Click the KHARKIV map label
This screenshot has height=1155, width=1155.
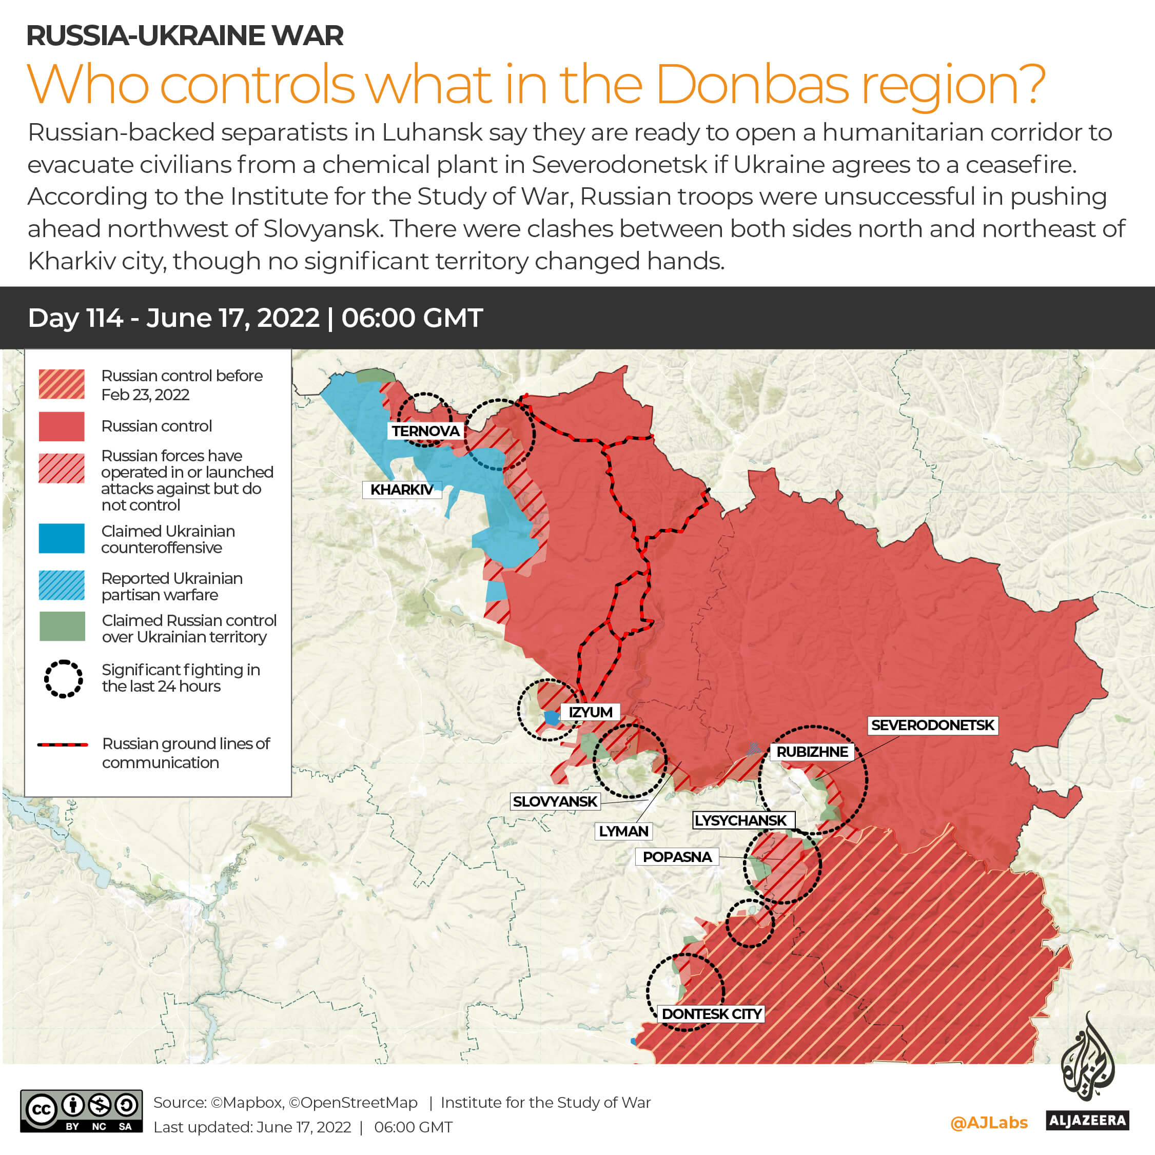pos(401,490)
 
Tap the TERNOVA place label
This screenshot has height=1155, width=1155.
pos(425,431)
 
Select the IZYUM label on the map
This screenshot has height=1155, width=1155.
pos(590,712)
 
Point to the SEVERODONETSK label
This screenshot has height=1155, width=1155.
pos(932,725)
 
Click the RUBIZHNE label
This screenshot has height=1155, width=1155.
pos(812,752)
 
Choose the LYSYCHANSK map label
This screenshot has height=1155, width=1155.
pos(741,820)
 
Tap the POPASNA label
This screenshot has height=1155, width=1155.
pos(677,857)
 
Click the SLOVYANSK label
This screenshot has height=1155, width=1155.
pos(555,801)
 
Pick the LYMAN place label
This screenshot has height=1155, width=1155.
pos(623,831)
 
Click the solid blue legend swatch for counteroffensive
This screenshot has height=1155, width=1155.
pos(62,538)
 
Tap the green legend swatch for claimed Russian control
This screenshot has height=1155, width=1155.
pos(62,627)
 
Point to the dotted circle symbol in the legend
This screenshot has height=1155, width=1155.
pos(63,678)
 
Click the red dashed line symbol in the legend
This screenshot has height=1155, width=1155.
pos(62,745)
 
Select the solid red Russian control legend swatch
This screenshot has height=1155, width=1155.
pos(62,426)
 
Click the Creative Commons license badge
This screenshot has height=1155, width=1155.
pos(81,1111)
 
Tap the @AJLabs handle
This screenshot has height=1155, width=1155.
pos(989,1123)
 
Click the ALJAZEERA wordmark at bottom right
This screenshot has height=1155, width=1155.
pos(1087,1120)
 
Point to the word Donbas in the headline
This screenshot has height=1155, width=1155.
pos(752,85)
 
